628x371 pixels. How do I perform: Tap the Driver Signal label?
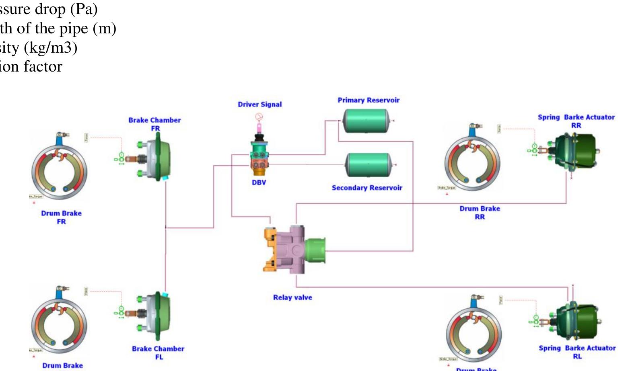[x=259, y=105]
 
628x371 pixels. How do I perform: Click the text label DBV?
[x=259, y=182]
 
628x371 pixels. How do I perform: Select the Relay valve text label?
[x=292, y=298]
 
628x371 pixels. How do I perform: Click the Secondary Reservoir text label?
[x=367, y=188]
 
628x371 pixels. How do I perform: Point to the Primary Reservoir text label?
[x=369, y=100]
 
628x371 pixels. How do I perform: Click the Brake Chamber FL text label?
[x=158, y=353]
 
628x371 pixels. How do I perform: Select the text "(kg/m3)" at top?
[x=50, y=48]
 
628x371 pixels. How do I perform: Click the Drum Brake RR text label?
[x=480, y=213]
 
